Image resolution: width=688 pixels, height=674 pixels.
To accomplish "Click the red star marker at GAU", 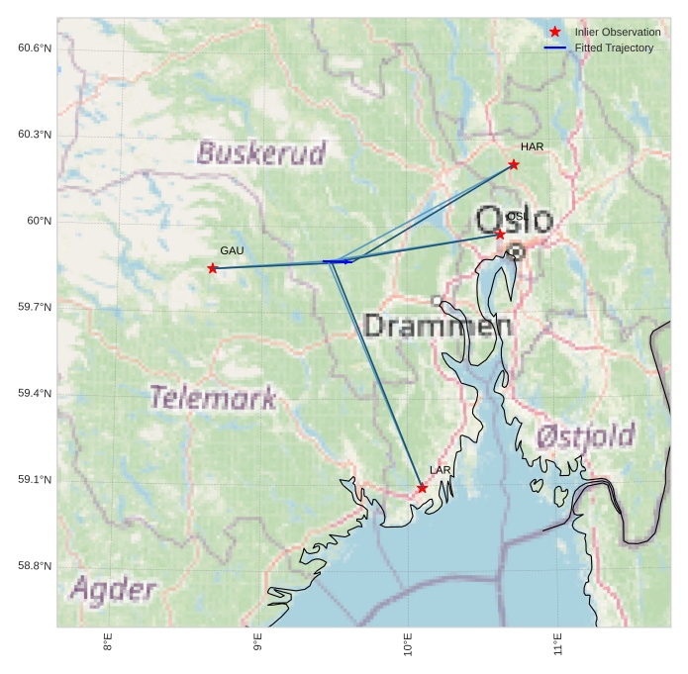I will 213,268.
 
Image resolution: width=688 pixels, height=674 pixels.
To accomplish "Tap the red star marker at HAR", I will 514,164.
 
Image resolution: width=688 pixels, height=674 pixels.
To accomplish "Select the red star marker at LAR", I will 422,488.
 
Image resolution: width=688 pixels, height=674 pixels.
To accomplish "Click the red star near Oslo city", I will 501,235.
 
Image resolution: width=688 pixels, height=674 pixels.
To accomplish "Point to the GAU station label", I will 232,250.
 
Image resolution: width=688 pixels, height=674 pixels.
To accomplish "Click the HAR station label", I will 532,146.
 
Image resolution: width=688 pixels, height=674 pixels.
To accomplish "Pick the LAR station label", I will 440,470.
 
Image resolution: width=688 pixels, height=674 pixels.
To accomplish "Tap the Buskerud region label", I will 260,152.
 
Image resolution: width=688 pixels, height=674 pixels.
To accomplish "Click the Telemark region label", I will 213,398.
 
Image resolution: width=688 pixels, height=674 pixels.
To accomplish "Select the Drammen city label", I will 438,326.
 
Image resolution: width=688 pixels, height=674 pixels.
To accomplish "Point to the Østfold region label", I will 585,435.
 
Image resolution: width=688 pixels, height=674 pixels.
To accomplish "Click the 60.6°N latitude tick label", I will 35,48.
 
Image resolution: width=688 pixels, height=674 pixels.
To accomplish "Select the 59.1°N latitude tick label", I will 35,480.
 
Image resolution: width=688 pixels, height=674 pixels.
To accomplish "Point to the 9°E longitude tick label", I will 257,643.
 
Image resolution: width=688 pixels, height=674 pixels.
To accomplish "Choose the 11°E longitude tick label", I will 558,643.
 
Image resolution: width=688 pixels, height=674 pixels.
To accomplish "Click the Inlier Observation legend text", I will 617,32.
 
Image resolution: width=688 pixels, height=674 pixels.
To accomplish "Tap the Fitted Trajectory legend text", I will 614,48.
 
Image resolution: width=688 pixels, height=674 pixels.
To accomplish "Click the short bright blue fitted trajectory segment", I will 338,261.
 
